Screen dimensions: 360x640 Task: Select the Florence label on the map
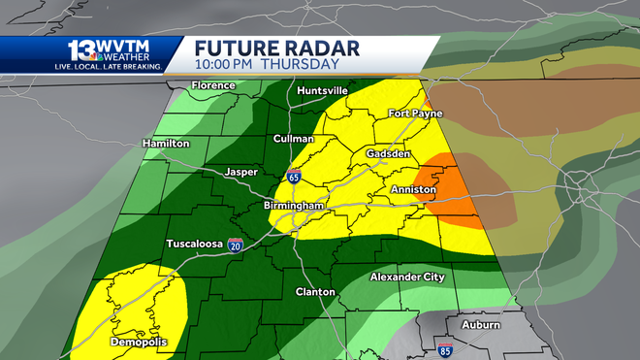point(213,85)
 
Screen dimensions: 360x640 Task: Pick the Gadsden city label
point(391,154)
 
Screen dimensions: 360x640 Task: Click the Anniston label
point(412,190)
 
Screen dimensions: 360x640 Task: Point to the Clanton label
point(315,291)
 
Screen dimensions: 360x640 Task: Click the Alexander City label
point(407,278)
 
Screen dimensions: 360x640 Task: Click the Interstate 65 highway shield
point(294,177)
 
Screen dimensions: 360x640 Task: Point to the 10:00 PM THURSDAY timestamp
point(267,64)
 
